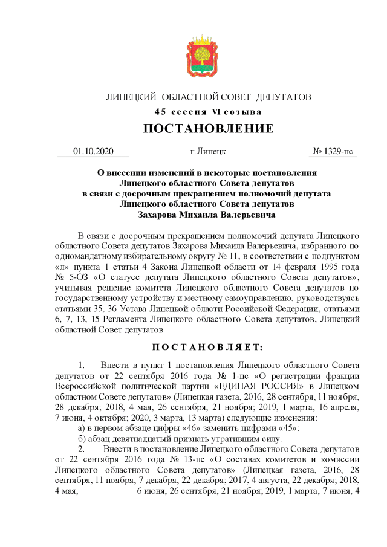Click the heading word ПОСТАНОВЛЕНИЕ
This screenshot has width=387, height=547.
[x=208, y=128]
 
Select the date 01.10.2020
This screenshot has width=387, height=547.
[x=93, y=152]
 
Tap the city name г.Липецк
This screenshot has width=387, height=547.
[x=207, y=152]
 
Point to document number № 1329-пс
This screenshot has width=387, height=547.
[x=333, y=152]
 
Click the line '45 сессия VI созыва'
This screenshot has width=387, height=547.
[x=208, y=112]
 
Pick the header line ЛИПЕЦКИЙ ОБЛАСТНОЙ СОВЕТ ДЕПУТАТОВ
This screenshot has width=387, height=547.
[x=208, y=97]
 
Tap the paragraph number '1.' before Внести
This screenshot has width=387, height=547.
[x=83, y=364]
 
